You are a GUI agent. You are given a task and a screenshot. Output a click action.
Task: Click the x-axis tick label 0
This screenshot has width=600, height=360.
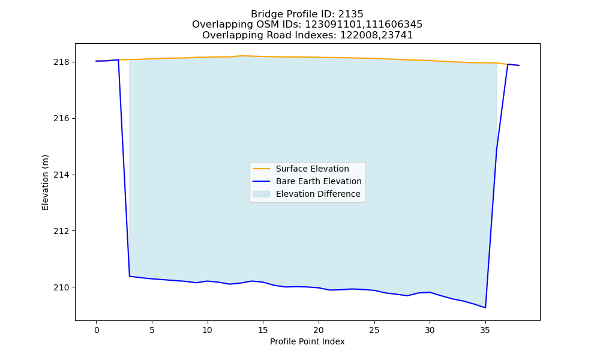tap(97, 330)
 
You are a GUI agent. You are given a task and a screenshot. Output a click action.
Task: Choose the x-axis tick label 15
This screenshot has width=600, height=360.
tap(263, 330)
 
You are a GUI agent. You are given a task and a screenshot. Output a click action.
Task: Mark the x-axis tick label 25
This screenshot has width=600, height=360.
tap(374, 330)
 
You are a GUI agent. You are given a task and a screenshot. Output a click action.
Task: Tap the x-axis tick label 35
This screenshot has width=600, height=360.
tap(485, 330)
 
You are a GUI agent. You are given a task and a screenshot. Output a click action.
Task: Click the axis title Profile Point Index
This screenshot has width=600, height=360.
tap(307, 341)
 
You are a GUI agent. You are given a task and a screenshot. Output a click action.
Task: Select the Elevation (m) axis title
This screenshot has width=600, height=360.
tap(45, 182)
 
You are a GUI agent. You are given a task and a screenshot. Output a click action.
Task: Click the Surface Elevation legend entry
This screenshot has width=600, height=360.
tap(301, 169)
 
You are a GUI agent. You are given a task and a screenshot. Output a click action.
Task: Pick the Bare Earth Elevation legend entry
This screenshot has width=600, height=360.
tap(307, 181)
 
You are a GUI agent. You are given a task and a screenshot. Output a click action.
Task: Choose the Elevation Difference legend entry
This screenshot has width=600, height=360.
tap(307, 194)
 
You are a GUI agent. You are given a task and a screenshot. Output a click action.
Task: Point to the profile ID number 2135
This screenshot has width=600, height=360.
tap(351, 14)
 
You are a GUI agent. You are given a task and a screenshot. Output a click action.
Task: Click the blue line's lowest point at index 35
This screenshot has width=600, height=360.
tap(485, 308)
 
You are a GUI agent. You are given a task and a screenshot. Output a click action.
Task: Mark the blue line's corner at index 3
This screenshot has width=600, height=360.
tap(130, 276)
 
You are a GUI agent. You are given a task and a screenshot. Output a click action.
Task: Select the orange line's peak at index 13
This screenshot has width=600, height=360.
tap(241, 56)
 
